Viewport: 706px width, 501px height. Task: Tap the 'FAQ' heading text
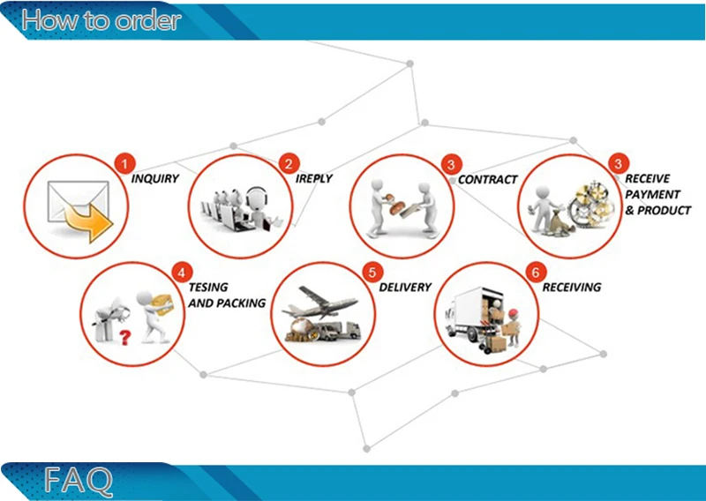click(x=79, y=482)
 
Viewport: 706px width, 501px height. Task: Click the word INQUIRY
click(x=155, y=179)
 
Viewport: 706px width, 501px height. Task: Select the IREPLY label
click(x=314, y=179)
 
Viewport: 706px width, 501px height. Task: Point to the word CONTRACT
click(x=488, y=180)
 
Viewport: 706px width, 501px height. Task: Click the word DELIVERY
click(x=405, y=288)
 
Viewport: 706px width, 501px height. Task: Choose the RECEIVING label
click(x=572, y=288)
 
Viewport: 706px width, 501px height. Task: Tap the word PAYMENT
click(x=652, y=195)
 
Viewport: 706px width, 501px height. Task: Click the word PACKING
click(x=240, y=303)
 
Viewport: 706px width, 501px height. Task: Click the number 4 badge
click(x=181, y=272)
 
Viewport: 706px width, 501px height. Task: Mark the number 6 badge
click(x=534, y=273)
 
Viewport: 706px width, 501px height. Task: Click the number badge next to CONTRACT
click(x=451, y=164)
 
